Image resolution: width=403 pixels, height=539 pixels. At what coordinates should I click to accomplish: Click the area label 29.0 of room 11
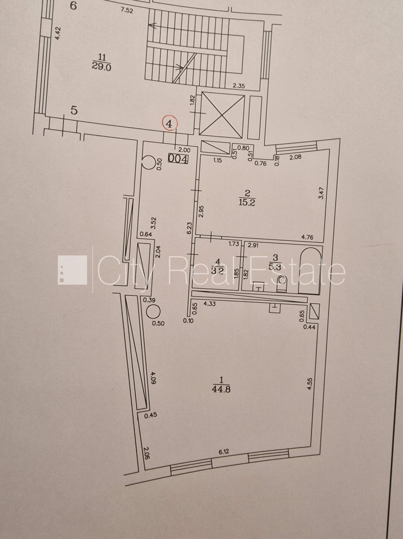(101, 67)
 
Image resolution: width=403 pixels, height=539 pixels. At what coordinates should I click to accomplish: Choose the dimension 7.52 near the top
(127, 11)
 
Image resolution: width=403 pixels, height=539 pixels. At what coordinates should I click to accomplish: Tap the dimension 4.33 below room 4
(210, 304)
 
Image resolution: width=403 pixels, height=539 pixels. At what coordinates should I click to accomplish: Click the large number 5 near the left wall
(74, 110)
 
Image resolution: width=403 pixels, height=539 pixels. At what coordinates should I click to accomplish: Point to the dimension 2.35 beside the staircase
(239, 86)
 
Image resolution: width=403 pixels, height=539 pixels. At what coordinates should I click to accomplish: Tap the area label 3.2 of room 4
(218, 271)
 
